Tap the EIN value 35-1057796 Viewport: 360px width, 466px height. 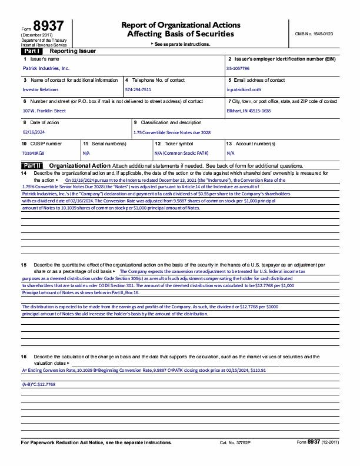[x=238, y=69]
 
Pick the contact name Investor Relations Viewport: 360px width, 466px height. [x=41, y=89]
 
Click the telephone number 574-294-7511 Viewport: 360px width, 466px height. [x=138, y=89]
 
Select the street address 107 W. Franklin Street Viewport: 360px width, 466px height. [x=44, y=111]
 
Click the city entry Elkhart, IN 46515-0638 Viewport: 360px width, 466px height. [x=249, y=111]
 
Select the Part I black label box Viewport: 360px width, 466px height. [x=31, y=52]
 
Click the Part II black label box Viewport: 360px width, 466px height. [x=32, y=166]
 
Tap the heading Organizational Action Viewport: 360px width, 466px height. [x=79, y=166]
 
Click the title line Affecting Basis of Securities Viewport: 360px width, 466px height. [x=180, y=34]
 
